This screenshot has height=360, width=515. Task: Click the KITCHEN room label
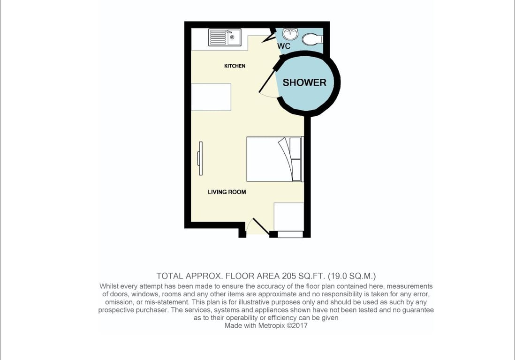pos(235,66)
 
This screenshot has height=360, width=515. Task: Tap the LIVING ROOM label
pos(227,192)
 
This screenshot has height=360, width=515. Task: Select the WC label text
pos(284,46)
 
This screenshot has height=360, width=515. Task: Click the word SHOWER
pos(304,82)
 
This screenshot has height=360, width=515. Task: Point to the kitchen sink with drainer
pos(225,37)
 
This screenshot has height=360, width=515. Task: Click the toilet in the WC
pos(312,40)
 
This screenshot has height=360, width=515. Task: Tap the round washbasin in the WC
pos(290,33)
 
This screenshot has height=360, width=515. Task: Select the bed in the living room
pos(275,159)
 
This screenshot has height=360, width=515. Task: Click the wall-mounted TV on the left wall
pos(200,158)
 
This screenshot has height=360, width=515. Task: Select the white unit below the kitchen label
pos(211,97)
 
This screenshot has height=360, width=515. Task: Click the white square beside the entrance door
pos(289,217)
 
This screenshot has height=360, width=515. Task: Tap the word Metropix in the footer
pos(271,325)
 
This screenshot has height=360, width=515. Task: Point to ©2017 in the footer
pos(297,325)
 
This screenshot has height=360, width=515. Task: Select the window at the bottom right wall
pos(290,234)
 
